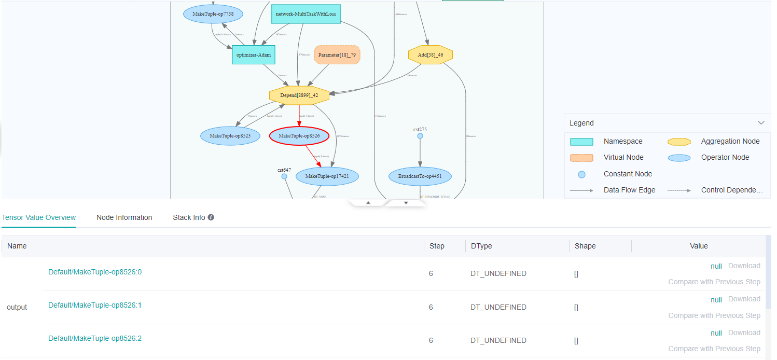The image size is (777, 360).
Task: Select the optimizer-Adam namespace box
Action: point(253,54)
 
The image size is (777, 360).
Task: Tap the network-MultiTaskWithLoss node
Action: point(306,14)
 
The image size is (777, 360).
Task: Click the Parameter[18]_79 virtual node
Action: point(337,54)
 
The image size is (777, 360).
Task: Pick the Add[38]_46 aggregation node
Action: point(430,54)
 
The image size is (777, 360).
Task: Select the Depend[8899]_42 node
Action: point(299,95)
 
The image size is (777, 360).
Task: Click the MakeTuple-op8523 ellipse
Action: point(230,136)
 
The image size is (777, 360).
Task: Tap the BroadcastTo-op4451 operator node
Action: point(420,176)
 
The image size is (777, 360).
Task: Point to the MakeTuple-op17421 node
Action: point(327,176)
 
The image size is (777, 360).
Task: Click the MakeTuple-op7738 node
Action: point(213,14)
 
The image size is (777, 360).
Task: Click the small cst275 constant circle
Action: point(420,136)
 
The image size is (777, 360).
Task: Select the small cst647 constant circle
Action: point(284,176)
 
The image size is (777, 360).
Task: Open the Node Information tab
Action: point(124,217)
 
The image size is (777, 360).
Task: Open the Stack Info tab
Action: point(189,217)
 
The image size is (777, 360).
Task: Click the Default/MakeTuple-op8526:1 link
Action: point(95,305)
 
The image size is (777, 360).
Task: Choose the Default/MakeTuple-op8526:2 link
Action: point(95,338)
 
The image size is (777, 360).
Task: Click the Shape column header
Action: point(585,246)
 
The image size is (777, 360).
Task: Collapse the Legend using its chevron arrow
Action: point(761,123)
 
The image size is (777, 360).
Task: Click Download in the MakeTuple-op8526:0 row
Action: point(744,266)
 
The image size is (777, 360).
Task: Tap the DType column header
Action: point(482,246)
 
